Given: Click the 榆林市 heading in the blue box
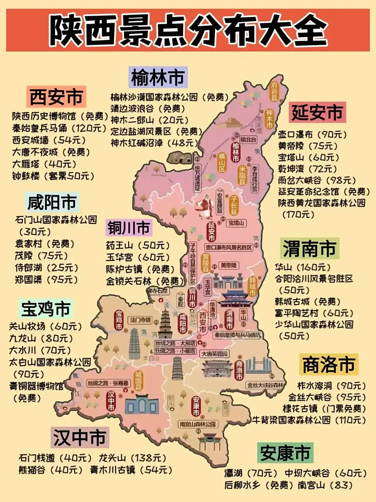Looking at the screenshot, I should (158, 77).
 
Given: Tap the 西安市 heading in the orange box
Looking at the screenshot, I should (56, 97).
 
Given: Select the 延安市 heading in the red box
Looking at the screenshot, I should (317, 113).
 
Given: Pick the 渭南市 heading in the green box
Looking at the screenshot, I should (309, 249).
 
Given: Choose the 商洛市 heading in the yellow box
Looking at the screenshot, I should (329, 365).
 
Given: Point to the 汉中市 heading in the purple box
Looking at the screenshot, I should (80, 437).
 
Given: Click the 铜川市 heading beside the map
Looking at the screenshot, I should (129, 227).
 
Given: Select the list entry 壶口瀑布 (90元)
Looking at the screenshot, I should (312, 135).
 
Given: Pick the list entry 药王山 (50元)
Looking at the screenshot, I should (138, 246).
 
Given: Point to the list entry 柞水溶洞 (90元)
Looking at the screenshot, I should (331, 386).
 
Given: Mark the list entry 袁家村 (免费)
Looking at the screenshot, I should (45, 244).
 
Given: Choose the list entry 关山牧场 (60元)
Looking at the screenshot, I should (45, 326).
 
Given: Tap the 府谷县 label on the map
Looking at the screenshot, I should (275, 91).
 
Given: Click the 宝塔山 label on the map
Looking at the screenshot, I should (237, 223).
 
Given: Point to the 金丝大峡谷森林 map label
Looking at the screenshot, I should (265, 385).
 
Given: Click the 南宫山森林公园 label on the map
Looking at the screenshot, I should (197, 424).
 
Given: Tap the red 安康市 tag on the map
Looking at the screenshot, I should (196, 407).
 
